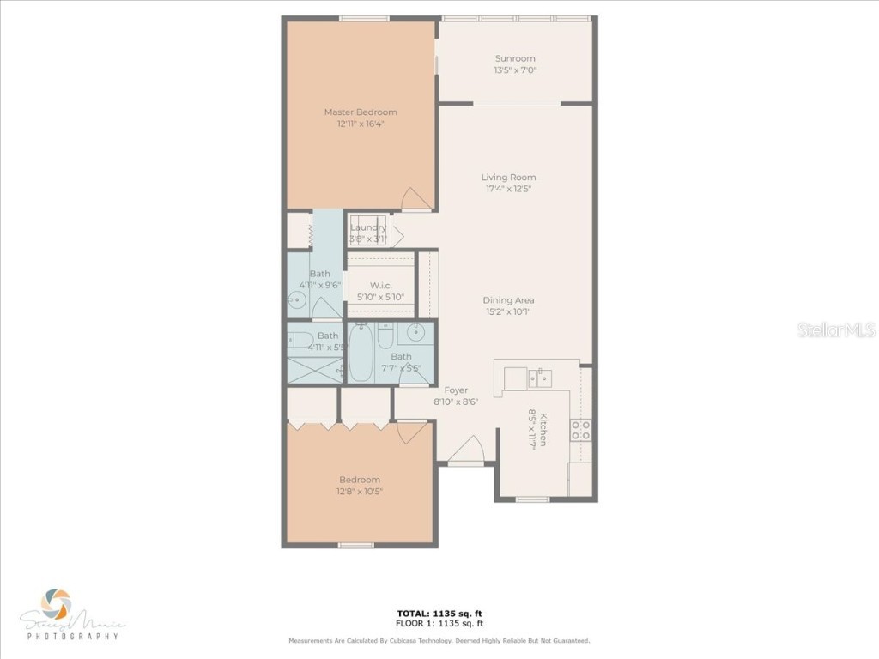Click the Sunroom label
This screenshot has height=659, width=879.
515,58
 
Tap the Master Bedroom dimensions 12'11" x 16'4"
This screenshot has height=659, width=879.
360,124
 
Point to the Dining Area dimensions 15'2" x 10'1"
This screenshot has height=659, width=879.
508,312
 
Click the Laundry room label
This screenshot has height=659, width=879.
368,227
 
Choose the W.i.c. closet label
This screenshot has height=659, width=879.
381,285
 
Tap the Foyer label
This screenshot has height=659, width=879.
456,390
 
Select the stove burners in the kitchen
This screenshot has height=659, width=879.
581,430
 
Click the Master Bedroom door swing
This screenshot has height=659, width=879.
415,198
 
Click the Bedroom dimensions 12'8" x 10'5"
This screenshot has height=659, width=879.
360,492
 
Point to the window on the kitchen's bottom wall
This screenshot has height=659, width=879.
533,499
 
